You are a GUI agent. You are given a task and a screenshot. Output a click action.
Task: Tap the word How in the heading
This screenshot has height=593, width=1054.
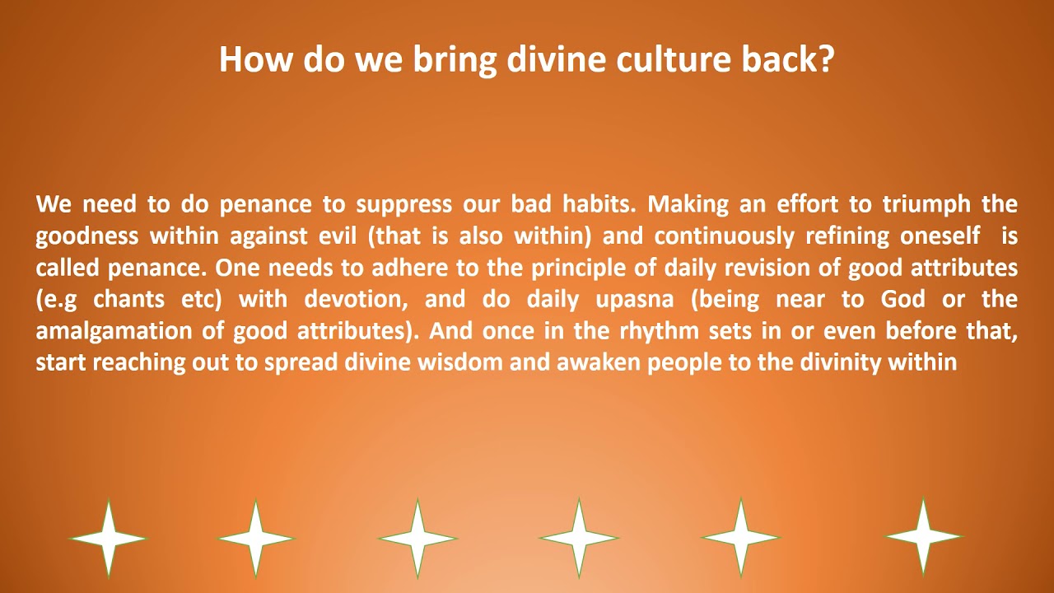(x=255, y=59)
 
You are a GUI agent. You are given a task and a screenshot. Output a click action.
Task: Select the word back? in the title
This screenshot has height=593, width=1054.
(x=788, y=59)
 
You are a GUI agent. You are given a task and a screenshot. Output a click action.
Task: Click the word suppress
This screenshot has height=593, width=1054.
(x=403, y=206)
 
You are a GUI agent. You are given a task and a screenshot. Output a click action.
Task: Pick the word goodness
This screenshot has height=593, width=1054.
(x=87, y=236)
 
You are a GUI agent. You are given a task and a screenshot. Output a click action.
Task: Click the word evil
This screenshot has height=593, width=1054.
(x=338, y=236)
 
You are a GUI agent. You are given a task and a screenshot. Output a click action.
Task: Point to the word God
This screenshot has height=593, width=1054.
(x=903, y=299)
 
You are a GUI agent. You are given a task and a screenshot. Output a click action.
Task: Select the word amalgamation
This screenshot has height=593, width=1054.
(x=114, y=332)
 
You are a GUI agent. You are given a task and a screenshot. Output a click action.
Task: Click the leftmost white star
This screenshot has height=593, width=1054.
(x=108, y=539)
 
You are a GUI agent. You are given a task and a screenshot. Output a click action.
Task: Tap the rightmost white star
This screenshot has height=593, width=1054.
(x=923, y=536)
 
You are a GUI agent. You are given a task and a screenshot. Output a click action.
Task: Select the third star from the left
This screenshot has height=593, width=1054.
(x=417, y=539)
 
